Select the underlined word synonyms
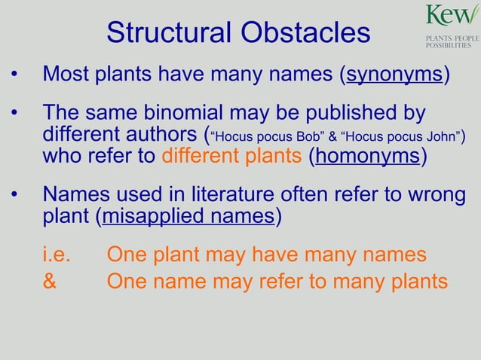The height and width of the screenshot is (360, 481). click(394, 75)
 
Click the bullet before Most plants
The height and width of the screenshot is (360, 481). click(14, 76)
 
